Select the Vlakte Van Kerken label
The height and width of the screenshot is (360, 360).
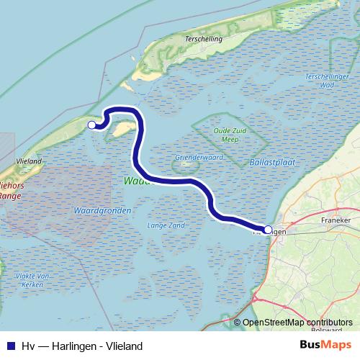point(33,279)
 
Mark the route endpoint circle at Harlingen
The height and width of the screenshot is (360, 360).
point(268,230)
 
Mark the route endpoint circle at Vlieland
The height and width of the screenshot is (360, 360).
point(91,125)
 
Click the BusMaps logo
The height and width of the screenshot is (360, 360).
point(325,346)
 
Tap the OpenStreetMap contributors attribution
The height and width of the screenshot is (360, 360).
point(297,323)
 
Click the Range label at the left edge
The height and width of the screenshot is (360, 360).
point(9,195)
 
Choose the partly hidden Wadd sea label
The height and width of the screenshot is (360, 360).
point(135,182)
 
